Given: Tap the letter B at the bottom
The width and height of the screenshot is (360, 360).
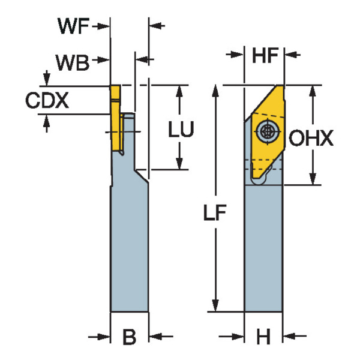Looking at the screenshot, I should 129,337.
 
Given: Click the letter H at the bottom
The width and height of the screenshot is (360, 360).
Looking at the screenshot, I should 263,338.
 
